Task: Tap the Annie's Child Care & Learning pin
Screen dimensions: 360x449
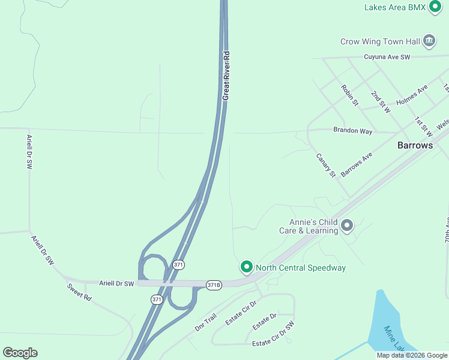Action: tap(347, 226)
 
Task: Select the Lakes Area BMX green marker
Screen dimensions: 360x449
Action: tap(435, 7)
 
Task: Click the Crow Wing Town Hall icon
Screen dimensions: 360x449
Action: tap(429, 41)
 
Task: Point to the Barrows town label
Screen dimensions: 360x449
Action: tap(415, 145)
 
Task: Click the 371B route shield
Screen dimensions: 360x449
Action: tap(214, 284)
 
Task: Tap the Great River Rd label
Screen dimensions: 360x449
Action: tap(226, 76)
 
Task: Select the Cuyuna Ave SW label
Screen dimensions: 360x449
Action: tap(387, 57)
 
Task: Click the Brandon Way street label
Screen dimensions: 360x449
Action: tap(353, 130)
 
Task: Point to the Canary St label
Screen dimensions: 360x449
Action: tap(326, 165)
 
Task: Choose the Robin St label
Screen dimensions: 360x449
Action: tap(349, 95)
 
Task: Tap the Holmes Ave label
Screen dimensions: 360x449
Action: tap(412, 95)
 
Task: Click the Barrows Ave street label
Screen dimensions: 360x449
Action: tap(357, 164)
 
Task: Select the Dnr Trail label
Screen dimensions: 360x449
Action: tap(205, 323)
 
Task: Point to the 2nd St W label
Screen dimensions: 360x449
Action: tap(380, 102)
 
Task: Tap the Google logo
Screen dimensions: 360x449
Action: tap(20, 353)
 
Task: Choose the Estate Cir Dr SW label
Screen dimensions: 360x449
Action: tap(273, 335)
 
